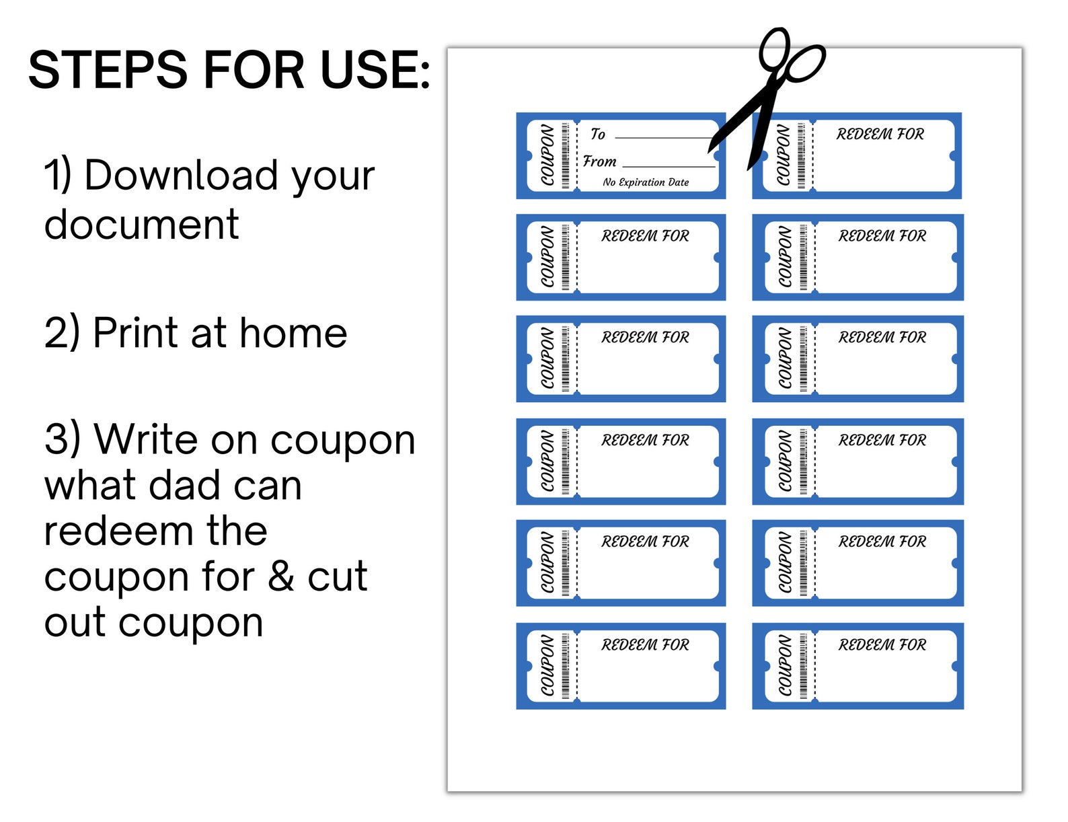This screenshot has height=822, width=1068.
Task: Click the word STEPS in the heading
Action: (108, 70)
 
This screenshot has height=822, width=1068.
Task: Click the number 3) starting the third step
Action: (62, 440)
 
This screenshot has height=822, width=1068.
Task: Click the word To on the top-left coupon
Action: (597, 135)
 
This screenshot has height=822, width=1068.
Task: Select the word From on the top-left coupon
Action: (599, 161)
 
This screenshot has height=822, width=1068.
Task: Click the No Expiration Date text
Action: (646, 182)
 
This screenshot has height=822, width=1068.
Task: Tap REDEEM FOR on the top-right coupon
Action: (880, 135)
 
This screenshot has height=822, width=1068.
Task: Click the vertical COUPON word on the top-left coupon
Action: (548, 156)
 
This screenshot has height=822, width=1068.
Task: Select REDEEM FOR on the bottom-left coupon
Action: (645, 645)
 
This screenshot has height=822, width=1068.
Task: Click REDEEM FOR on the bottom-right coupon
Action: (882, 645)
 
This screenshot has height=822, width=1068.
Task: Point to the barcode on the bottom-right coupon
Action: (803, 666)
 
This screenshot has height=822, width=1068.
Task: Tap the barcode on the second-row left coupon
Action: (566, 258)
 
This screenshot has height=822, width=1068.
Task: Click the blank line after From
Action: (669, 165)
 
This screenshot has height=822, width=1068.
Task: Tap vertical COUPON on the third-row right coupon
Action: (785, 359)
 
